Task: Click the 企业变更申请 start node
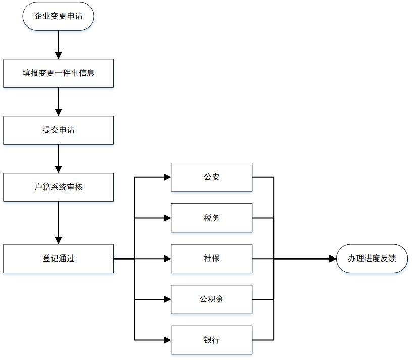point(59,16)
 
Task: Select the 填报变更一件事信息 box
point(59,73)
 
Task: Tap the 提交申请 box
point(59,130)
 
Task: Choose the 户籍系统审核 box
point(59,187)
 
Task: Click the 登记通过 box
point(59,259)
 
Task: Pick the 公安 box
point(212,177)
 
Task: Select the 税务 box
point(212,218)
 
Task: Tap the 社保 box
point(212,259)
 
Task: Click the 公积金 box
point(212,299)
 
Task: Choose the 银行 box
point(212,340)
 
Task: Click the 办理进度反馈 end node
point(372,259)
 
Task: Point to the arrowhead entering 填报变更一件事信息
point(59,56)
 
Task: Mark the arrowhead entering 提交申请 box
point(59,113)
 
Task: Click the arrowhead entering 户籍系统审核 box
point(59,170)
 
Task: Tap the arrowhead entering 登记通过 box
point(59,241)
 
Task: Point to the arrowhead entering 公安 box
point(168,177)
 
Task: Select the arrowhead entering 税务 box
point(168,218)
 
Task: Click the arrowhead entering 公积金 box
point(168,299)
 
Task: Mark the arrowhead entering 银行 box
point(168,340)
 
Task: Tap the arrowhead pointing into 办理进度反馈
point(333,259)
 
